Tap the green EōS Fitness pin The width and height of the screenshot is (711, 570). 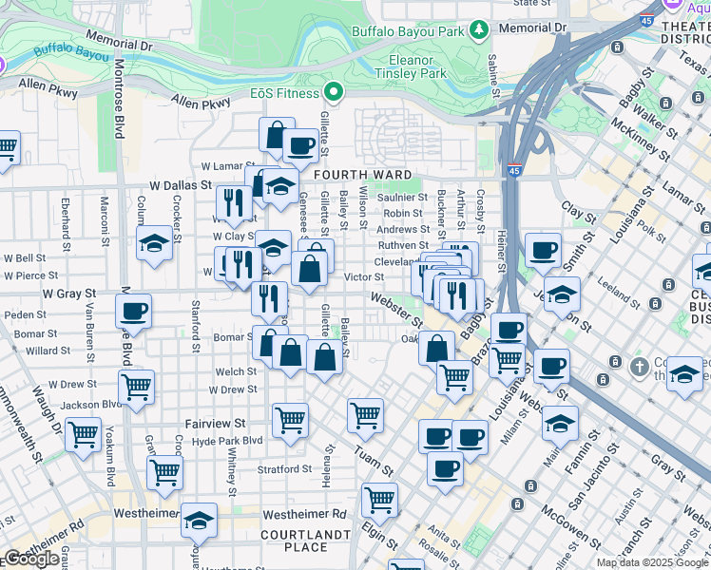(333, 92)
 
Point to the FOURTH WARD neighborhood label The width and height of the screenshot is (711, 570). (364, 175)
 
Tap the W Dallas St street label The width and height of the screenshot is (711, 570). (179, 185)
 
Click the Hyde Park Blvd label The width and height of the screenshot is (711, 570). (227, 441)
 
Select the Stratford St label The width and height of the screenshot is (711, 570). (284, 469)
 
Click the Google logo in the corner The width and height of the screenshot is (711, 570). (31, 559)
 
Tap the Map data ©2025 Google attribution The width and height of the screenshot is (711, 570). (652, 562)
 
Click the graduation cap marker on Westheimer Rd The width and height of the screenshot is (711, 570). (199, 521)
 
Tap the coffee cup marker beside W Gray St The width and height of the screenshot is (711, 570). (133, 310)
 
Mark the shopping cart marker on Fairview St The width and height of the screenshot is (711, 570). (290, 418)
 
